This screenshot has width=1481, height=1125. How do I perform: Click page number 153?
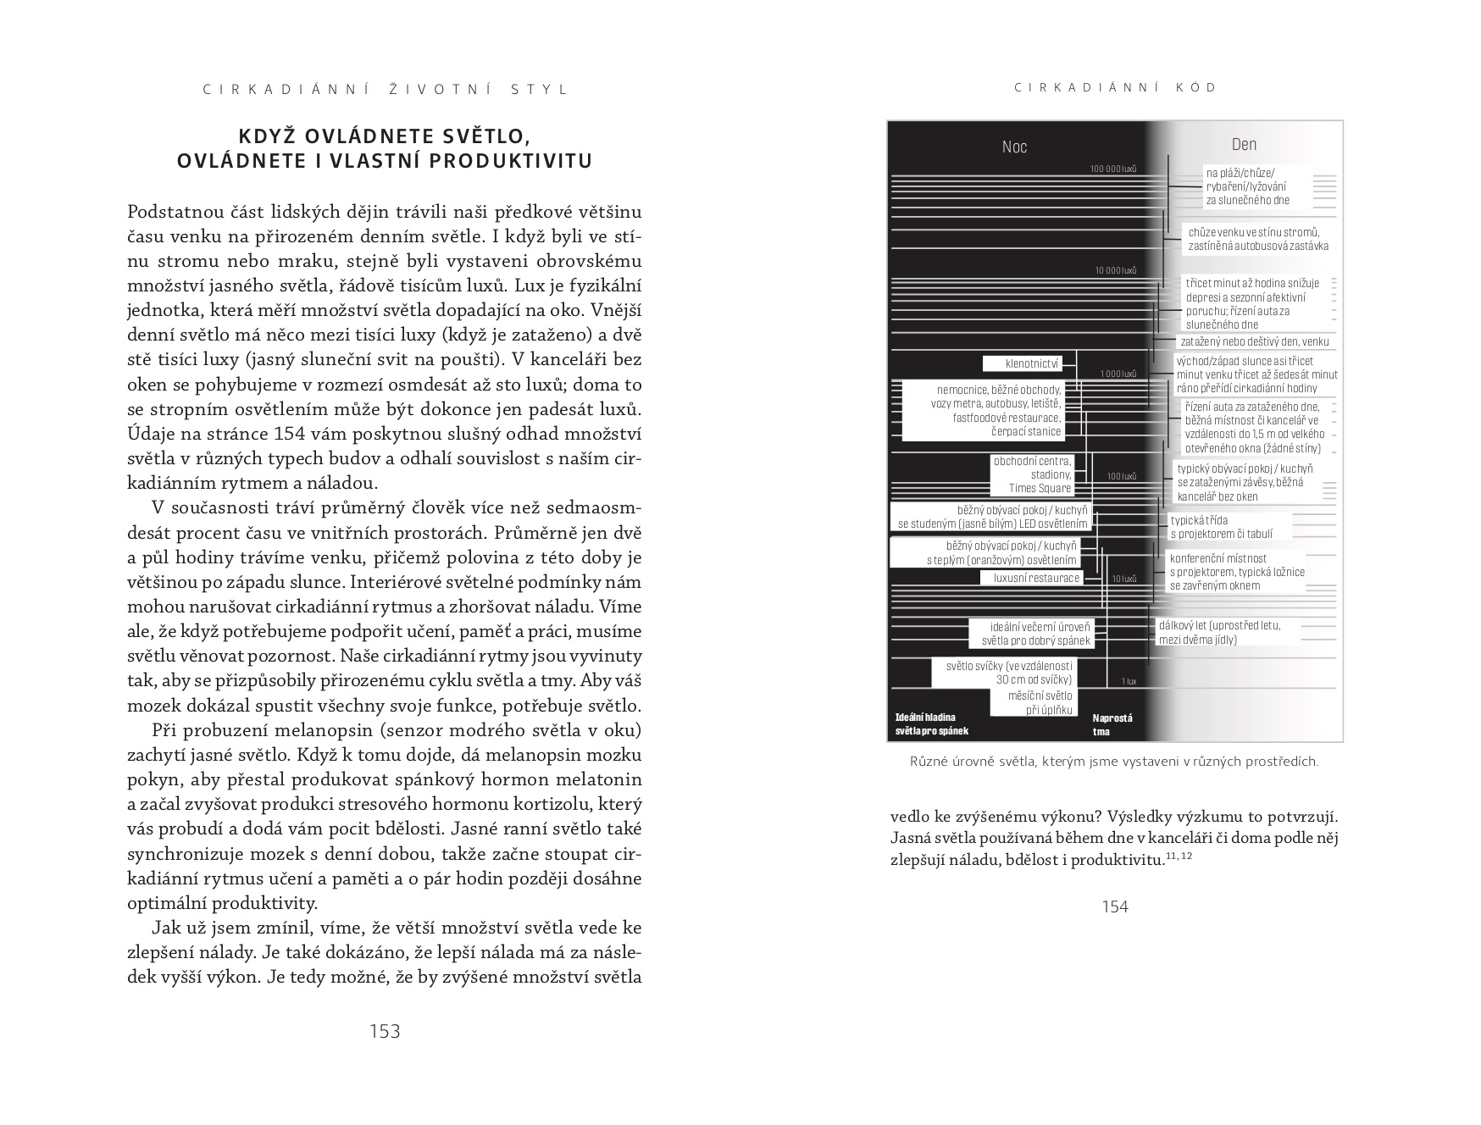(x=385, y=1031)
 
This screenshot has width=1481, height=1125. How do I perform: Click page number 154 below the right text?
(x=1115, y=906)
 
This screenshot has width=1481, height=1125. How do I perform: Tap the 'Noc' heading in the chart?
(x=1014, y=147)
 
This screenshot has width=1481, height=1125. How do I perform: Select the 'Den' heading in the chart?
(x=1244, y=145)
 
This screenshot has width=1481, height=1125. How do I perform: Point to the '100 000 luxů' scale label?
(x=1113, y=169)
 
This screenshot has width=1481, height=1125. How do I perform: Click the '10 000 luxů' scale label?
(x=1115, y=271)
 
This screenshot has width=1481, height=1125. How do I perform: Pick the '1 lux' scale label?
(x=1129, y=681)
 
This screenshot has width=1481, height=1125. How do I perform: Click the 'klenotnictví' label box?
(x=1033, y=363)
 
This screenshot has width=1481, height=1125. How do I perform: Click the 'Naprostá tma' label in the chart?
(x=1112, y=724)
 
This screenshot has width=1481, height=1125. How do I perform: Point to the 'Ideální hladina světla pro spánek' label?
(x=931, y=724)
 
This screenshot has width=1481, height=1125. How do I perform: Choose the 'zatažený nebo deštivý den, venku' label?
(x=1255, y=341)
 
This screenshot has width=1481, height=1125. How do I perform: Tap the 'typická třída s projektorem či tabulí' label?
(x=1220, y=527)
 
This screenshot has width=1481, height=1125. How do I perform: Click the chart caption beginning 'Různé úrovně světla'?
(x=1114, y=762)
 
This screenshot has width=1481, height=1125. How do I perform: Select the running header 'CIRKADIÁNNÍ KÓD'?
(x=1115, y=87)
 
